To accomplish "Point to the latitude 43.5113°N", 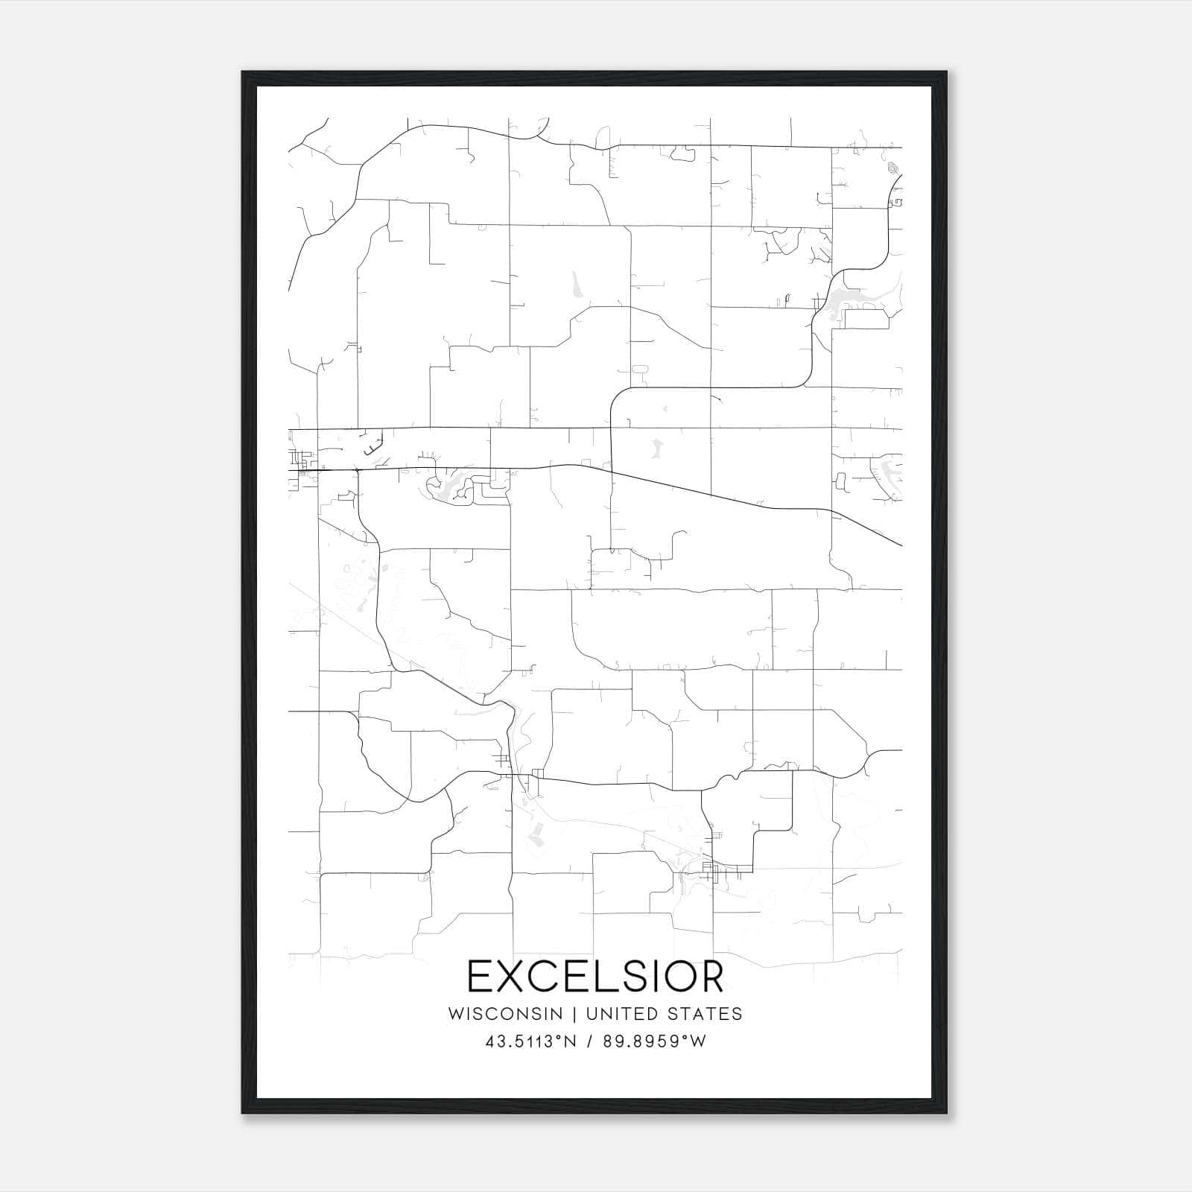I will (531, 1042).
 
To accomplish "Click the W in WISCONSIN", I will (455, 1014).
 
